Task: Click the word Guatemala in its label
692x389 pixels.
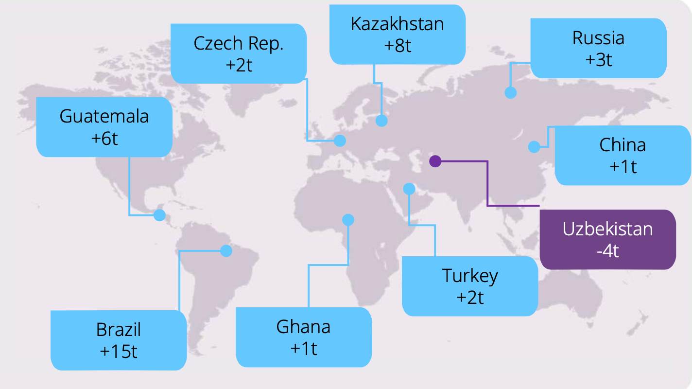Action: coord(104,117)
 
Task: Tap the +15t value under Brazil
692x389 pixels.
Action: coord(119,351)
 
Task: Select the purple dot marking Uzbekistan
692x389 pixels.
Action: coord(435,161)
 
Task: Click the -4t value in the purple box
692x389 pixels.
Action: coord(607,251)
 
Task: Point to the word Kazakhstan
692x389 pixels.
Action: coord(397,24)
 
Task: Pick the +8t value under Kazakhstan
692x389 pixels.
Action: coord(397,46)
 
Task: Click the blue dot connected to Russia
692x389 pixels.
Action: coord(510,92)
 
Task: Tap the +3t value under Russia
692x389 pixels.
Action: coord(598,59)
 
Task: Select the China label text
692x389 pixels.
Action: coord(623,145)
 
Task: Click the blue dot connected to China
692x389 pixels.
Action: coord(534,146)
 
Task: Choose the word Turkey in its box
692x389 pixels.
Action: coord(470,276)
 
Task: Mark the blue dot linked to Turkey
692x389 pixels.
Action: coord(409,189)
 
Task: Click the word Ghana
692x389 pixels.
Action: coord(303,327)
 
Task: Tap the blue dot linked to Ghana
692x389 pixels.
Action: coord(348,220)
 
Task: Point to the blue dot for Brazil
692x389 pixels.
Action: coord(226,251)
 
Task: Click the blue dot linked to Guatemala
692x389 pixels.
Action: coord(159,215)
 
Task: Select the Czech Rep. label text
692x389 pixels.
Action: coord(238,43)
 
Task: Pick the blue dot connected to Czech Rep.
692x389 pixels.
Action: coord(340,141)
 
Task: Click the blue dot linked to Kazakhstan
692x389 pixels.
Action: coord(381,121)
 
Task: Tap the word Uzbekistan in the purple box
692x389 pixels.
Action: coord(607,229)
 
